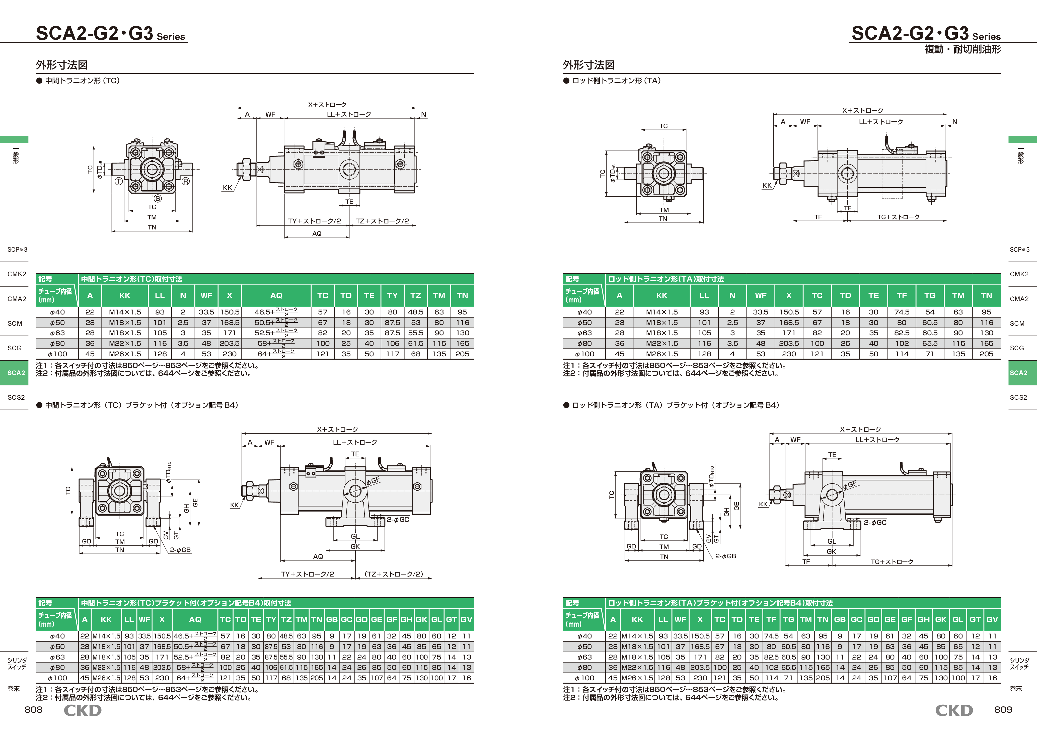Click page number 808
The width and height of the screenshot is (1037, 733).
33,709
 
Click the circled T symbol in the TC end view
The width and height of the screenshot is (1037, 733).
119,181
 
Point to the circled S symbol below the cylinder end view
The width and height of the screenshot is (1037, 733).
158,198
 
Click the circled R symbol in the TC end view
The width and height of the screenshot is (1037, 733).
186,181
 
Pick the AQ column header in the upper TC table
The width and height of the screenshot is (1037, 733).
276,295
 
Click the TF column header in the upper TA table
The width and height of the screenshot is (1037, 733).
902,295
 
